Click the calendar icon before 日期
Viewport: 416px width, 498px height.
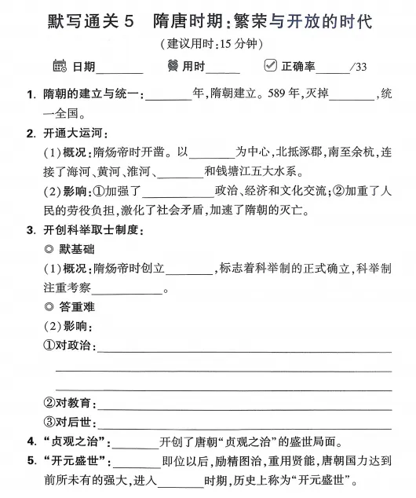(x=60, y=66)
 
